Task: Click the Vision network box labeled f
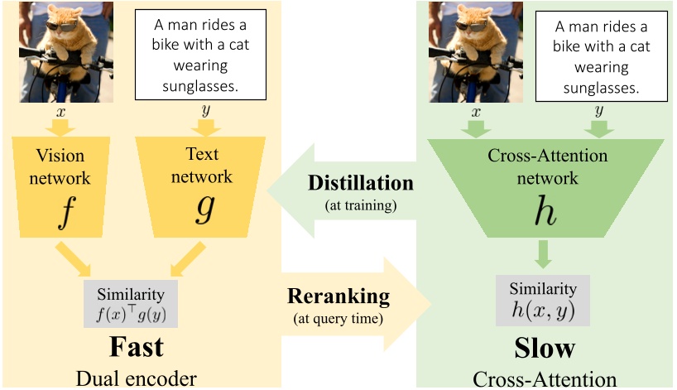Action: click(62, 183)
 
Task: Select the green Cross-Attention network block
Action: click(544, 182)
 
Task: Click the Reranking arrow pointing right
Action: click(356, 305)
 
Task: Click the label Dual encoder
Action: click(137, 378)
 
